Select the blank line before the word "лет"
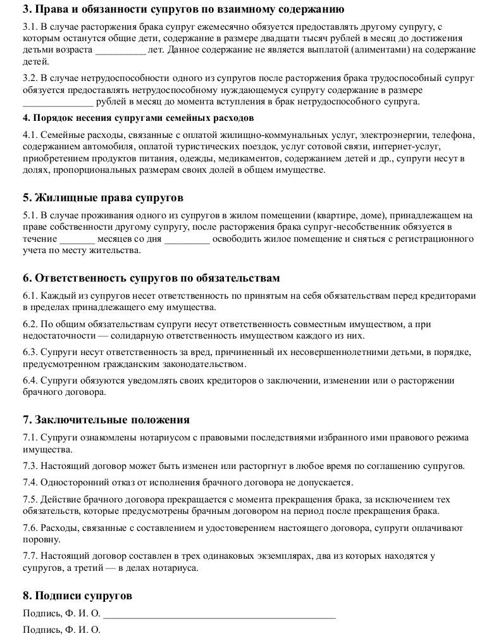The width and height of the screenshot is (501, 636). [120, 51]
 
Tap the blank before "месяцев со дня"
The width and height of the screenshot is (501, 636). [77, 240]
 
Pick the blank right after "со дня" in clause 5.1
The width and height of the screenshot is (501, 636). [187, 240]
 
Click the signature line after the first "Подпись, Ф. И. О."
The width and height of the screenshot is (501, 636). [219, 613]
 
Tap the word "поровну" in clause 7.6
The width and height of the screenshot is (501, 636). [42, 540]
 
